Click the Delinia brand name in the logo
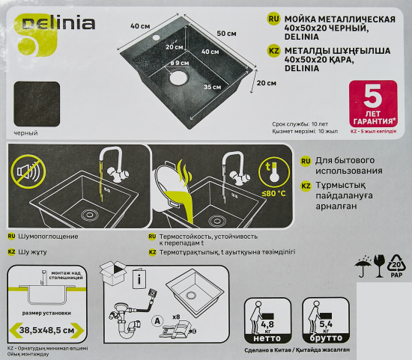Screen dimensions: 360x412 64,23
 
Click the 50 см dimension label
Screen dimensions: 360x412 226,34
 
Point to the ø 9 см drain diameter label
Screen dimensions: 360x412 179,64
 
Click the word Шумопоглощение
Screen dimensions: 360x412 43,236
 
